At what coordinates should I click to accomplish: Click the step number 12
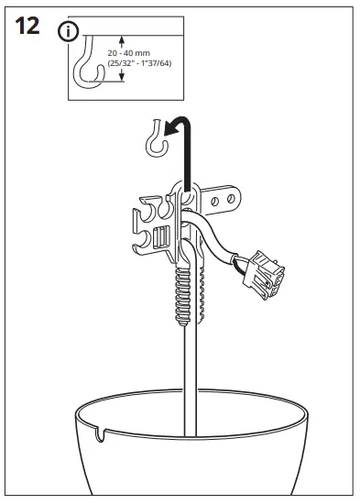[28, 27]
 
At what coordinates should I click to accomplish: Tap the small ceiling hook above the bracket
[154, 139]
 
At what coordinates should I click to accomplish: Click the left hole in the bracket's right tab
[218, 196]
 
